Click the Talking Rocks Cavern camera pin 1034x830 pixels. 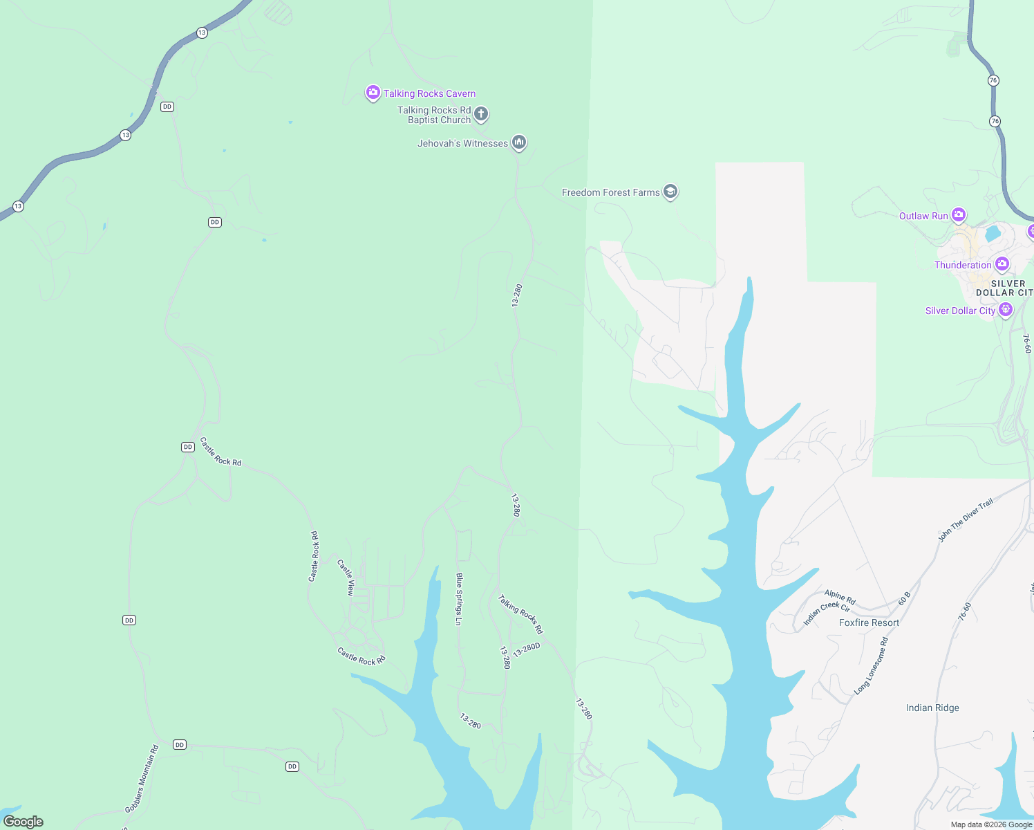pos(373,93)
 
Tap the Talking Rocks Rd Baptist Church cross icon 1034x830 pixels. pos(481,113)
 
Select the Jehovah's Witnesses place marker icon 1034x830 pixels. pos(519,142)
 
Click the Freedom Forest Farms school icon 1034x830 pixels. pos(670,192)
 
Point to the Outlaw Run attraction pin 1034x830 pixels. pos(959,215)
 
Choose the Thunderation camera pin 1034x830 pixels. pos(1002,264)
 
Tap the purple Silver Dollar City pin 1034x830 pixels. pos(1006,310)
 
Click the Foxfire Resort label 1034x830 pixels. pos(869,622)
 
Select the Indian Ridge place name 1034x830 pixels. pos(932,708)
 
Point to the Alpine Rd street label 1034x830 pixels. pos(840,598)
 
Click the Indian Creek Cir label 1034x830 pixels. pos(827,613)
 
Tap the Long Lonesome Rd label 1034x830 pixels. pos(872,666)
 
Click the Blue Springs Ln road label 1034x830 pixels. pos(458,599)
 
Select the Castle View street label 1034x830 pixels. pos(346,578)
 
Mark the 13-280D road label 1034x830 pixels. pos(526,649)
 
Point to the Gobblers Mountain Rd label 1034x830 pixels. pos(142,779)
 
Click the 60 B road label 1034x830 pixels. pos(905,598)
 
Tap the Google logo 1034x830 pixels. pos(23,821)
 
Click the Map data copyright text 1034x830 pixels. pos(991,824)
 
